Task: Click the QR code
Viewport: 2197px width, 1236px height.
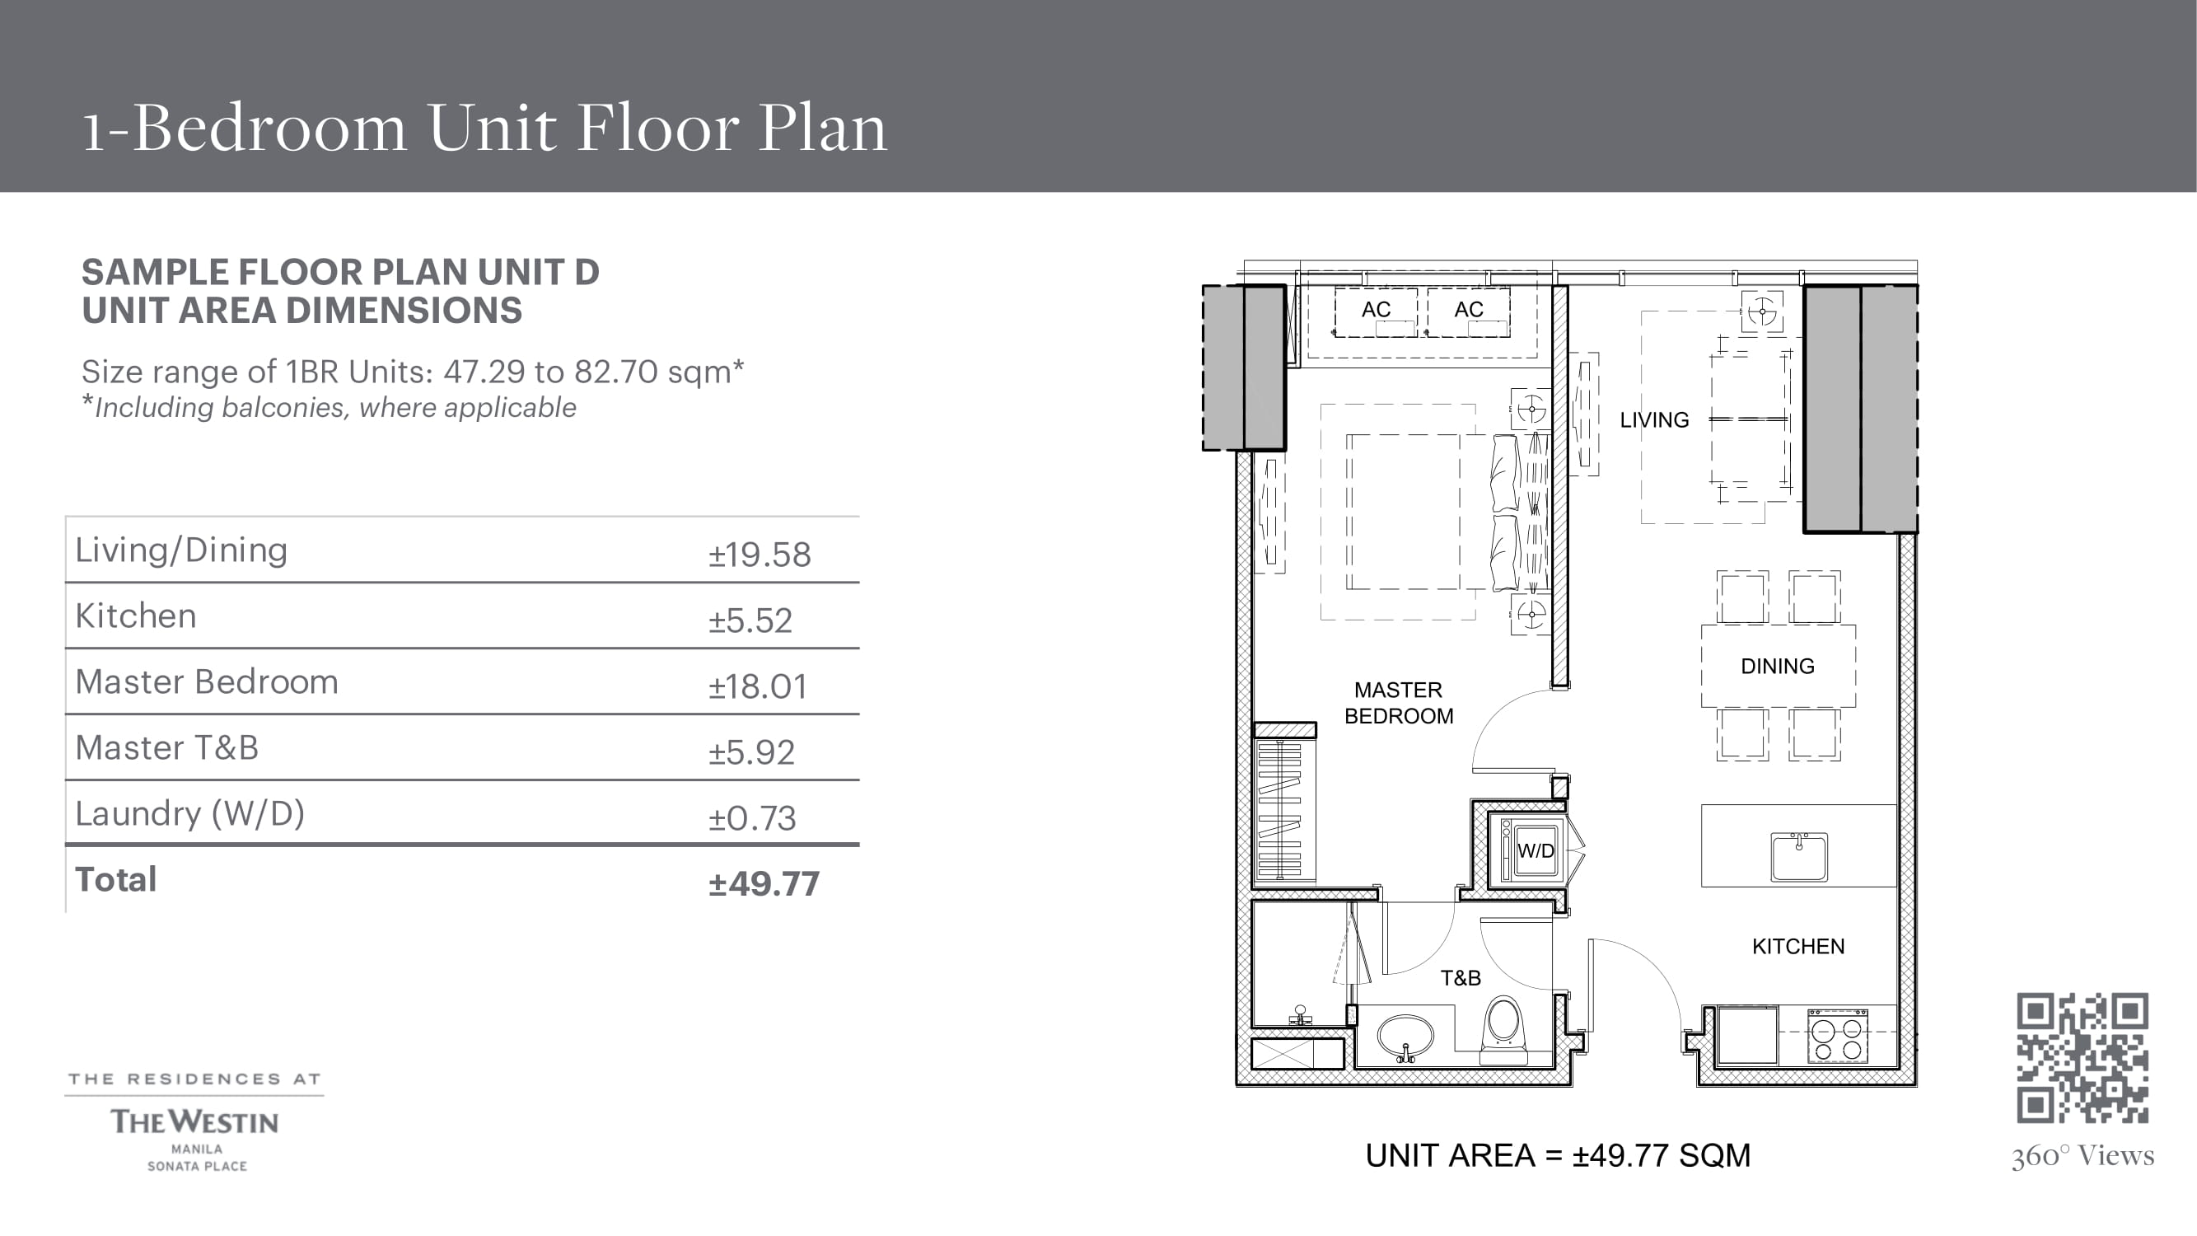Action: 2082,1058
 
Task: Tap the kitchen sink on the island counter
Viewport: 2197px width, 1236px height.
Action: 1799,856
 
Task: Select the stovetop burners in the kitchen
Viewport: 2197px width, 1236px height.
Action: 1836,1036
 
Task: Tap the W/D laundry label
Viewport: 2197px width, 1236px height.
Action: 1536,850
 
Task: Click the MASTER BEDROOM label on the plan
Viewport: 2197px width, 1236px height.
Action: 1399,703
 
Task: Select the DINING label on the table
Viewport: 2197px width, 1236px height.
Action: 1778,666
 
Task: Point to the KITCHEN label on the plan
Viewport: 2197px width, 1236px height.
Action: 1797,946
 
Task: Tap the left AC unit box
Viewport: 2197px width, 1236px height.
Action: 1376,312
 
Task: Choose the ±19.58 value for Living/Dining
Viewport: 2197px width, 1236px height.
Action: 759,555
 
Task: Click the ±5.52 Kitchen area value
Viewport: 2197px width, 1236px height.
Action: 750,621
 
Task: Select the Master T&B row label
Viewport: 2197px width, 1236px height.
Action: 167,748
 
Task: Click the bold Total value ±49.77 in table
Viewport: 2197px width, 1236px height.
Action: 764,883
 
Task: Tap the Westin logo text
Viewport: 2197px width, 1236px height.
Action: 194,1121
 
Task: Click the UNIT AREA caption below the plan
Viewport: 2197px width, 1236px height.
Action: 1559,1156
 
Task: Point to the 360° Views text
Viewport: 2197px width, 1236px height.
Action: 2082,1156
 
